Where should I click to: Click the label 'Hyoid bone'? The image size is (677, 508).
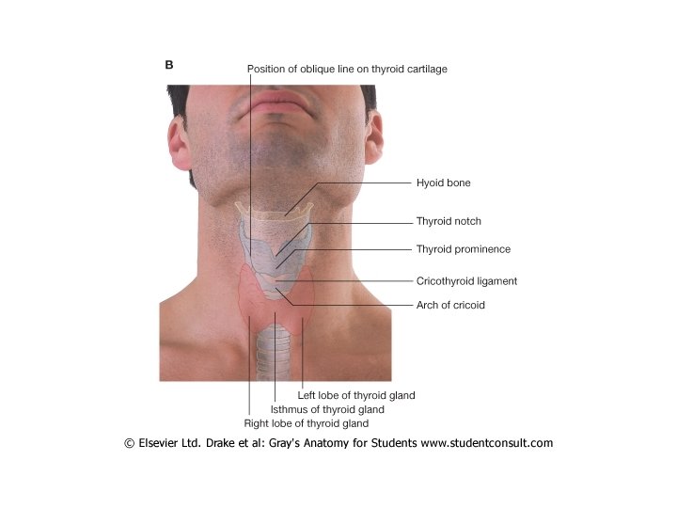[x=443, y=183]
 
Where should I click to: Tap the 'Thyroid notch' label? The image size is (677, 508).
[x=449, y=222]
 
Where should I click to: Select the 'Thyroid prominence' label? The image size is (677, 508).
[x=463, y=249]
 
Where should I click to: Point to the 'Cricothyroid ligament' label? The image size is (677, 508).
[x=466, y=280]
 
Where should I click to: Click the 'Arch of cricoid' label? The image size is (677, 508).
[x=450, y=305]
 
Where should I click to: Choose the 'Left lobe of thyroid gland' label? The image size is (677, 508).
[x=355, y=396]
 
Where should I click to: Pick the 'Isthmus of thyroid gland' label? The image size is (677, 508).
[x=327, y=410]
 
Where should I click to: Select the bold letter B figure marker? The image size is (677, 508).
[x=169, y=65]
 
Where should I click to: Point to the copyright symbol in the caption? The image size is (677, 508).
[x=129, y=443]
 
